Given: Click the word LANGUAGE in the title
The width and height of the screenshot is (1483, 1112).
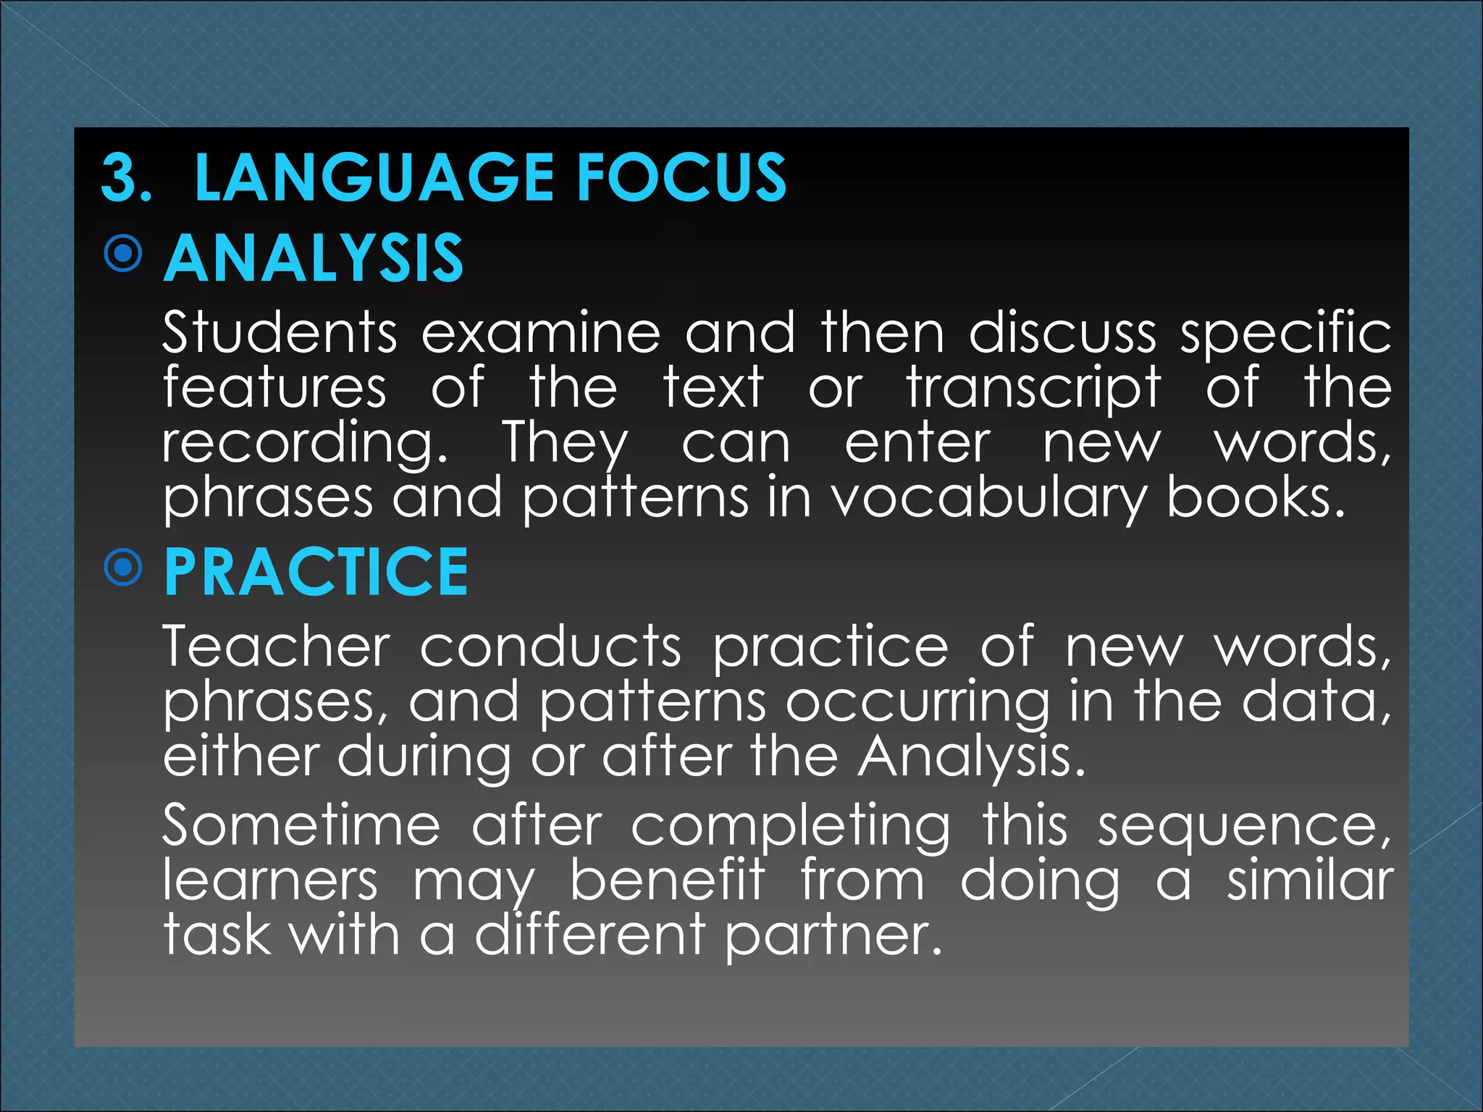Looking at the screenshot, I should (374, 177).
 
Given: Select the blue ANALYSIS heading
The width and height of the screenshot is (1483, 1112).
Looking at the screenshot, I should (314, 258).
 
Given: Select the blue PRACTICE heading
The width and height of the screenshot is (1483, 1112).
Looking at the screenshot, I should (316, 573).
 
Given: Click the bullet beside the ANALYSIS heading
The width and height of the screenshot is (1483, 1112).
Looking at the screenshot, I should (123, 253).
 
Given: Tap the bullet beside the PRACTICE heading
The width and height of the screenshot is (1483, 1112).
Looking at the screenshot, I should (123, 568).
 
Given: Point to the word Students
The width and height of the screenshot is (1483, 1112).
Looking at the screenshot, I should (280, 333).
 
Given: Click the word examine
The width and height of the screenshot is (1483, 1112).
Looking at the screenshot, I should (541, 333).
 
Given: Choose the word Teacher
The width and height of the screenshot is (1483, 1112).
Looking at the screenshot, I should (277, 646).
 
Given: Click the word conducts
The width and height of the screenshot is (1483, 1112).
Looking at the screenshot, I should (550, 646).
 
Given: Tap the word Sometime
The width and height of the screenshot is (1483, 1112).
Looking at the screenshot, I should (301, 825).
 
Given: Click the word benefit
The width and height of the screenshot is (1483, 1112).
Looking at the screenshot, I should (668, 881).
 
